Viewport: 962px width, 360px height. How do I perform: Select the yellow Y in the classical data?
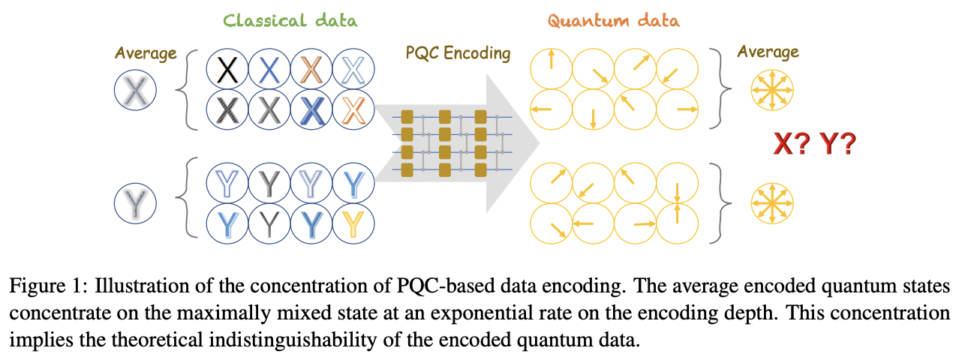pos(353,222)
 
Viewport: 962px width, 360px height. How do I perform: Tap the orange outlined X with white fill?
pos(353,111)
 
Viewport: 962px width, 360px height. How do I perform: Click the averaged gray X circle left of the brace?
pos(135,91)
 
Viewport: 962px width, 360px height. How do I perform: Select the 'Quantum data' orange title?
pos(613,19)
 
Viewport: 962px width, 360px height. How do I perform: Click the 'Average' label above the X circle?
pos(146,53)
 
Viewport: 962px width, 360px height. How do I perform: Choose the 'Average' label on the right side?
pos(768,52)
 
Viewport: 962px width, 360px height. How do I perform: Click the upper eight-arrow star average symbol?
pos(772,91)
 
